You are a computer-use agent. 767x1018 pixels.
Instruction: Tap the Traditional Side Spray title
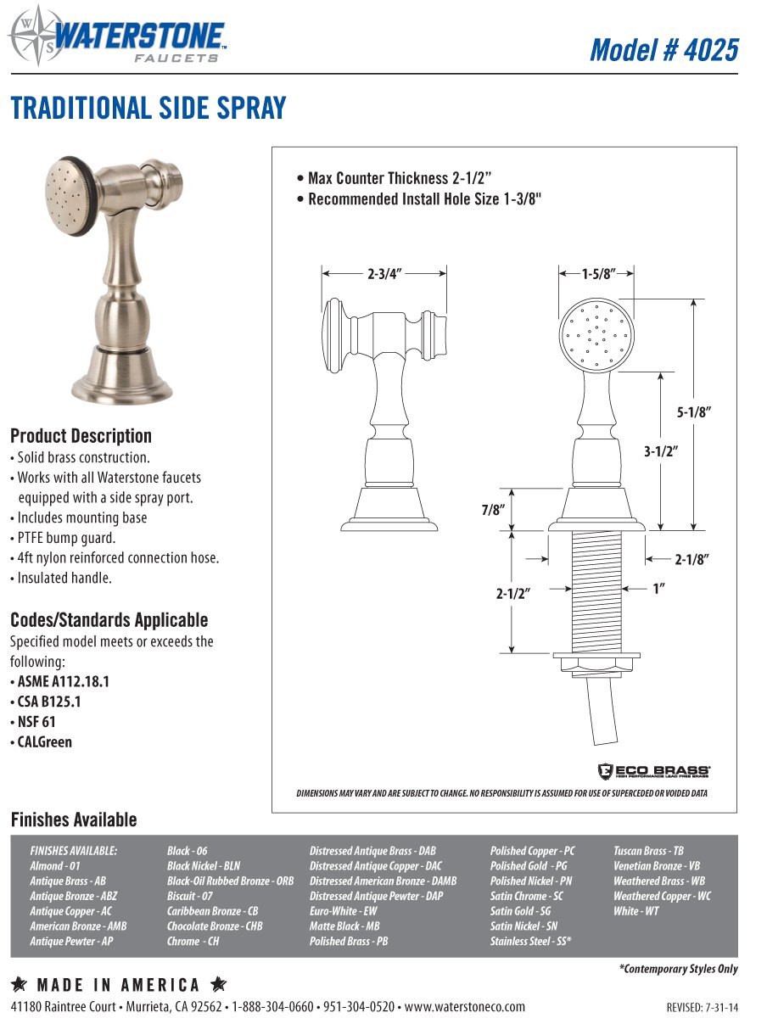pyautogui.click(x=148, y=109)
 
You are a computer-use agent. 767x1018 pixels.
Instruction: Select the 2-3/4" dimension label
pyautogui.click(x=384, y=274)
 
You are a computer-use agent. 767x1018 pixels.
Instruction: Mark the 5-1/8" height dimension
pyautogui.click(x=693, y=412)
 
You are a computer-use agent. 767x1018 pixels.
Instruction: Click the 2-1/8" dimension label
pyautogui.click(x=691, y=559)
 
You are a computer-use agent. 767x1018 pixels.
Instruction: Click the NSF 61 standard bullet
pyautogui.click(x=36, y=722)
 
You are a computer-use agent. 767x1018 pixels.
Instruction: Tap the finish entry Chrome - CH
pyautogui.click(x=193, y=942)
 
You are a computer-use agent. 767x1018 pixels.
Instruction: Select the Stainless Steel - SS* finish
pyautogui.click(x=530, y=942)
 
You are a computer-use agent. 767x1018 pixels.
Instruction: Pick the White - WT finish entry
pyautogui.click(x=635, y=911)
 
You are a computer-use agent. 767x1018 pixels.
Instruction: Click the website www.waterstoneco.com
pyautogui.click(x=464, y=1007)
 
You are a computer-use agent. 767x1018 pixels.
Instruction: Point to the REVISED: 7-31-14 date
pyautogui.click(x=703, y=1008)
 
